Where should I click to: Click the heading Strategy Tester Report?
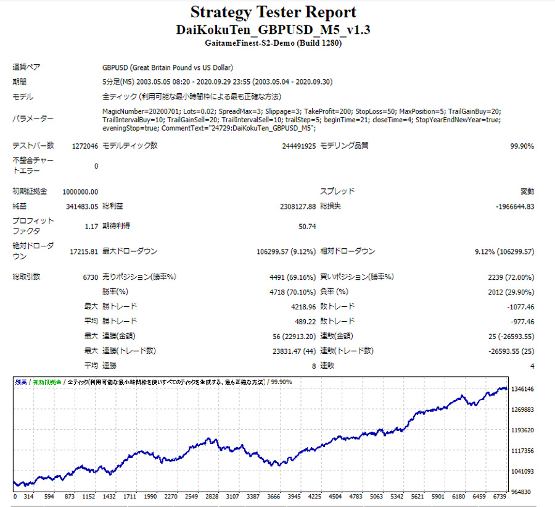(x=273, y=12)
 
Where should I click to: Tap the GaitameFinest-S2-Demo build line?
(x=273, y=43)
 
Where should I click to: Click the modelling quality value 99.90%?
(x=522, y=146)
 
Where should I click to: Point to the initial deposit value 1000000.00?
(x=78, y=191)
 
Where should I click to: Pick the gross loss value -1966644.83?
(x=515, y=206)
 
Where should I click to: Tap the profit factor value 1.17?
(x=91, y=227)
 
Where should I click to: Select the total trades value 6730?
(x=90, y=277)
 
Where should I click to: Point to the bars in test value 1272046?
(x=84, y=146)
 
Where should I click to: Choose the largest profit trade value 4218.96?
(x=302, y=307)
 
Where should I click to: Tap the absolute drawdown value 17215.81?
(x=81, y=252)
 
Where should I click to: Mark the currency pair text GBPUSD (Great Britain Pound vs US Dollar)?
(x=167, y=67)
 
